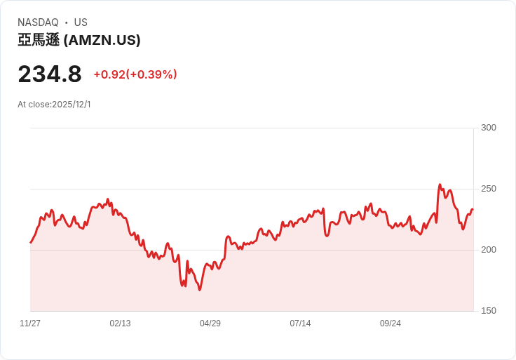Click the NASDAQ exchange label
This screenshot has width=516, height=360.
(x=38, y=22)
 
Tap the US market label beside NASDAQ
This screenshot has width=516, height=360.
(x=81, y=22)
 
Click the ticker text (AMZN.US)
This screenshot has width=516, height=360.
(x=102, y=41)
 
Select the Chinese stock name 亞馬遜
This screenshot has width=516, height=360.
(x=39, y=41)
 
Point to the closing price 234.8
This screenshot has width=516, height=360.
(x=50, y=74)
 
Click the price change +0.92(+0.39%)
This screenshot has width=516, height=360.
(x=135, y=74)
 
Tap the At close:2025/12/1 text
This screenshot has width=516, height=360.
(x=54, y=105)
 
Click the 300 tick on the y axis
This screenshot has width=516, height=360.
(x=488, y=128)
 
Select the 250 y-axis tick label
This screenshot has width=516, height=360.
(x=488, y=189)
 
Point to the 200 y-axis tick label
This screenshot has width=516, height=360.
(x=488, y=250)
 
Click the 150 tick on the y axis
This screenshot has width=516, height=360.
(x=488, y=311)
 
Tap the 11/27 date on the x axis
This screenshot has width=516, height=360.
(x=30, y=324)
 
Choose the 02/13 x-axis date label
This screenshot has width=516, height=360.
(x=120, y=324)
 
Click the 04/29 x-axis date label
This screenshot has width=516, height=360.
(x=210, y=324)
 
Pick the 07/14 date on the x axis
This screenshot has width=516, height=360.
(x=300, y=324)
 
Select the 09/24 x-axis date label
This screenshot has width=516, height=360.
(x=391, y=324)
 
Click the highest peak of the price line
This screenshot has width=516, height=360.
(x=440, y=185)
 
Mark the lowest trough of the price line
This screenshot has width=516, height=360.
(x=200, y=290)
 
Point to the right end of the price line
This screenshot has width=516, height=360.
(x=473, y=209)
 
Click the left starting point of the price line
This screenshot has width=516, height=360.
(x=30, y=243)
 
